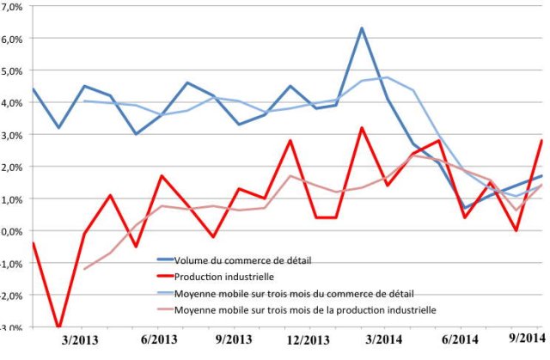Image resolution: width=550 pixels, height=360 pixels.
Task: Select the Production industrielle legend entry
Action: [224, 277]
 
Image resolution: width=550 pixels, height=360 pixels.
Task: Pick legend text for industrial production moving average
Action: [304, 308]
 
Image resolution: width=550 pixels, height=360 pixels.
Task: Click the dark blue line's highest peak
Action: [361, 28]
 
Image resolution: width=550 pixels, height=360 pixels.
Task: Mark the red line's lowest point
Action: [58, 327]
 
